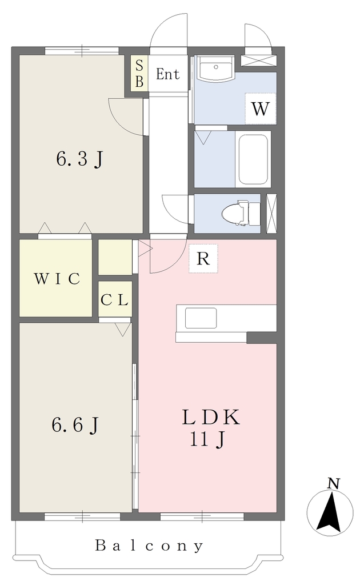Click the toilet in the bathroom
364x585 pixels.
pos(241,214)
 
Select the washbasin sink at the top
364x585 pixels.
pos(216,69)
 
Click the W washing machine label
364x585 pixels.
pos(260,109)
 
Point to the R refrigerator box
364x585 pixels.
pos(203,258)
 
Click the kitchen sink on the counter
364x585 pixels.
pos(201,318)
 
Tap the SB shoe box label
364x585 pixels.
pos(139,74)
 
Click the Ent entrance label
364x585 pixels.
pos(167,74)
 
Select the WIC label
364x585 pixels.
pos(57,279)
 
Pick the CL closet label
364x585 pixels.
pos(115,300)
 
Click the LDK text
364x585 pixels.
pos(210,418)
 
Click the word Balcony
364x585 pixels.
pos(149,546)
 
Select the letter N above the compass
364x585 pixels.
pos(333,484)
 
